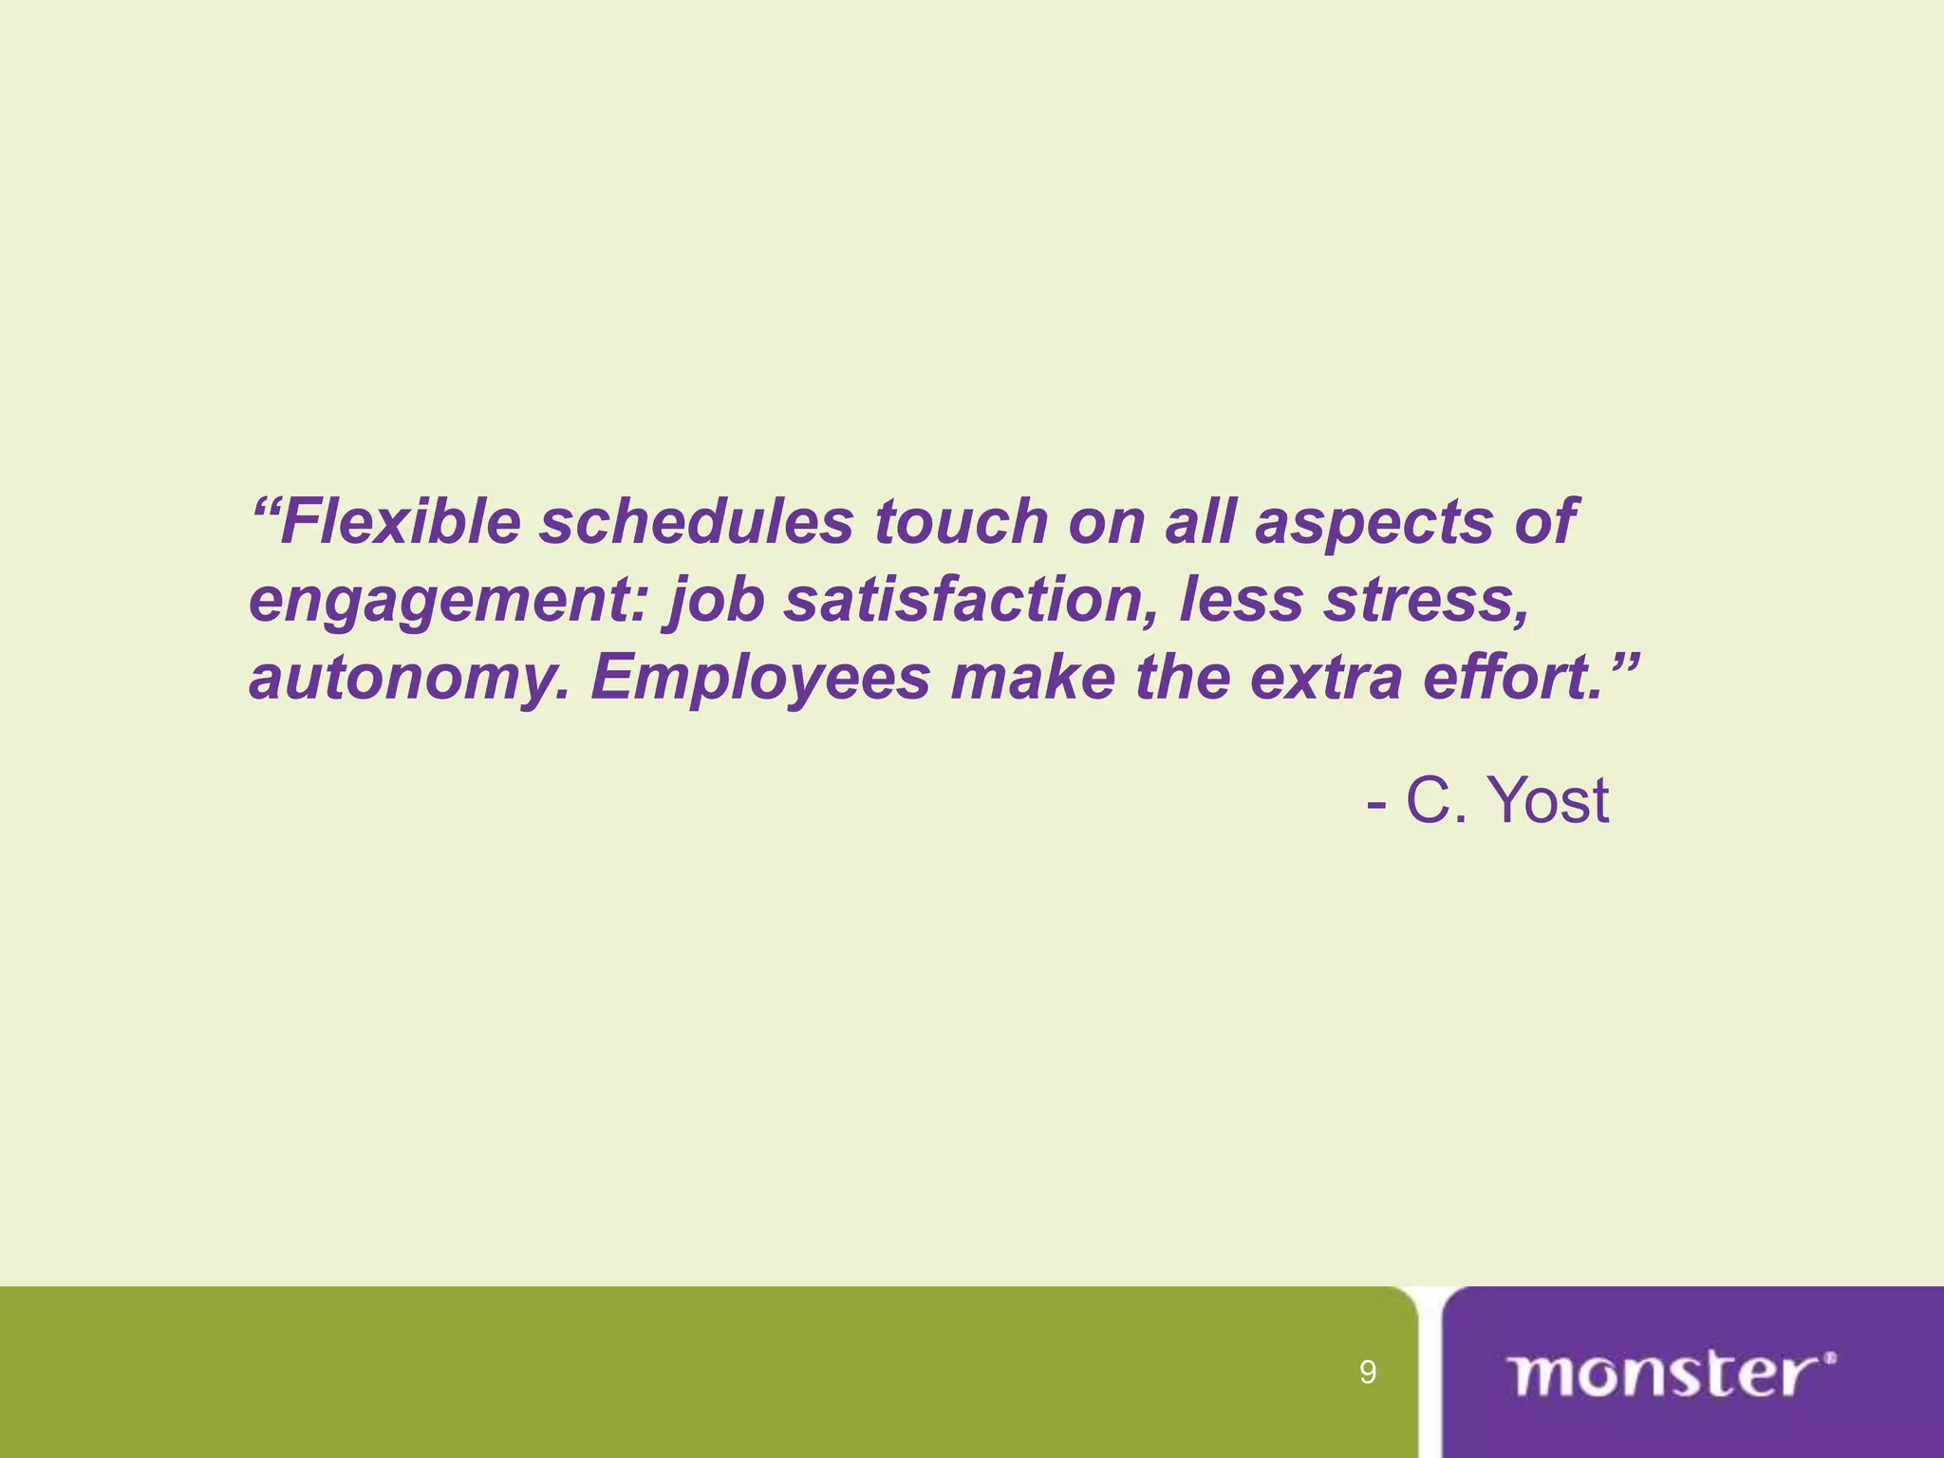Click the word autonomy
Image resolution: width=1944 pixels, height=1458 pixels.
pos(409,680)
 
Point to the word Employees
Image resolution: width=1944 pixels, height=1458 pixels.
pos(760,680)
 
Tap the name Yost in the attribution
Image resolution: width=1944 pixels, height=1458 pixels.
pos(1548,800)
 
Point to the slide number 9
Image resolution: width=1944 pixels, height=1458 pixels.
pos(1368,1373)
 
